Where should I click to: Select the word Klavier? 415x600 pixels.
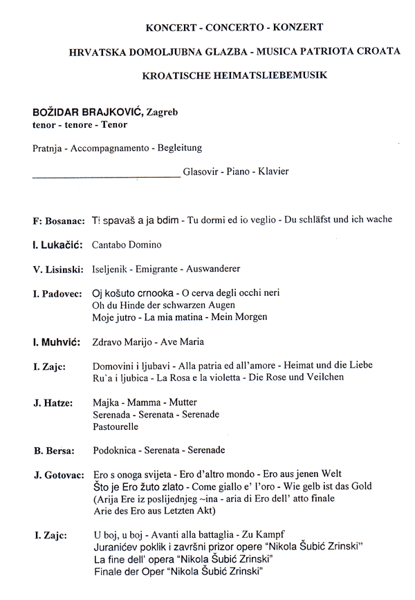(x=273, y=171)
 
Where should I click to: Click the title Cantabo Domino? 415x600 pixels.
(x=127, y=245)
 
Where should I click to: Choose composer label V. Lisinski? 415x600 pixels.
(x=58, y=269)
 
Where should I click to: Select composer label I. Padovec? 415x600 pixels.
(x=57, y=293)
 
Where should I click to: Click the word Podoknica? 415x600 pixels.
(x=112, y=451)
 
